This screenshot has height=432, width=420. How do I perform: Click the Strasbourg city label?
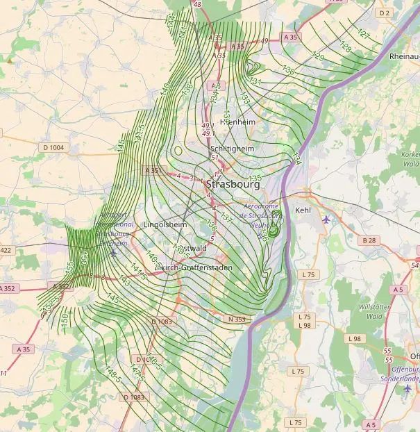coord(233,185)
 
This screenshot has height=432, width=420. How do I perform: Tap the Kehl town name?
coord(303,210)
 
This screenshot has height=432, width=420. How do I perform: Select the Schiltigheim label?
coord(232,149)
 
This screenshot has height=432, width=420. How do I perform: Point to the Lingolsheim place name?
coord(165,225)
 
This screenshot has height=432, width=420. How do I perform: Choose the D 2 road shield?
coord(385,13)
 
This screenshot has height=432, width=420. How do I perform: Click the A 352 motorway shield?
coord(62,286)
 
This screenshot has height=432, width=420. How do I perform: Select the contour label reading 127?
coord(362,33)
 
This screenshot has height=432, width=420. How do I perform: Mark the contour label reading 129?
coord(318,57)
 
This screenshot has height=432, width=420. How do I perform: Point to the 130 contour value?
coord(289,71)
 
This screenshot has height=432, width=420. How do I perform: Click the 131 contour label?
coord(255,82)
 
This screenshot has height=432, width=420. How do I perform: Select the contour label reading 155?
coord(69,268)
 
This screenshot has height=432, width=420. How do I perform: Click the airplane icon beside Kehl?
coord(326,219)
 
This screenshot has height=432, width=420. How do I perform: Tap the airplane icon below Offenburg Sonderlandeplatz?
coord(407,388)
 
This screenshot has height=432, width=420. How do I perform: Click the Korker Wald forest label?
coord(410,158)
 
